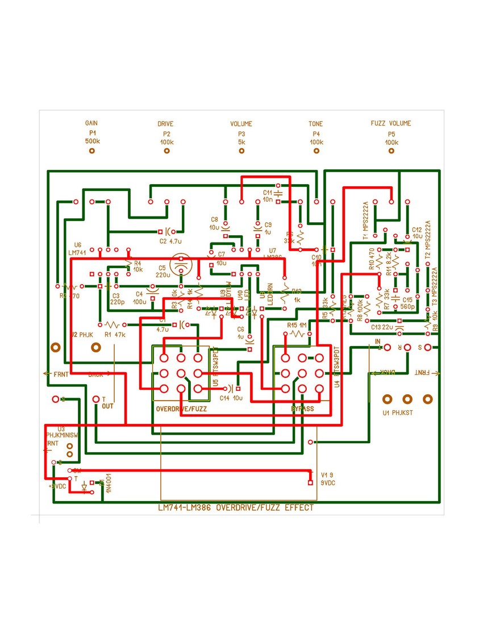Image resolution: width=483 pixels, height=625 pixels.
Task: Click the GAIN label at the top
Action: point(91,123)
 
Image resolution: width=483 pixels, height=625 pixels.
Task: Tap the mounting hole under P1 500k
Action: point(91,151)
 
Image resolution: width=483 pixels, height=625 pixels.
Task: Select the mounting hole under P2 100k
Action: point(166,151)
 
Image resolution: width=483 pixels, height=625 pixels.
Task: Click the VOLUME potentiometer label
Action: point(241,123)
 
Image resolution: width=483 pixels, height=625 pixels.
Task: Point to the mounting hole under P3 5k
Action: point(241,151)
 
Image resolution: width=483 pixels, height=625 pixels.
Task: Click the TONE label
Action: point(316,123)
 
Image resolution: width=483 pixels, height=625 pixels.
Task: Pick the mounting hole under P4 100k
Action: point(316,151)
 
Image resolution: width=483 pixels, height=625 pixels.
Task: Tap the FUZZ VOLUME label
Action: point(390,123)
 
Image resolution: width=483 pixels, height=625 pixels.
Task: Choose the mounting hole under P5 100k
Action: point(391,151)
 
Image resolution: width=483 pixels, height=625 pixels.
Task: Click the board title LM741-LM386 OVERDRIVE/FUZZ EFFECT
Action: point(235,508)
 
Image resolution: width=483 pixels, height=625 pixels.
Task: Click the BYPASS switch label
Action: point(302,409)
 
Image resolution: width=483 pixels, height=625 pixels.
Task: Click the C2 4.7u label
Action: point(170,241)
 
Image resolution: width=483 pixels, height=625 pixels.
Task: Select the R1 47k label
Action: point(114,335)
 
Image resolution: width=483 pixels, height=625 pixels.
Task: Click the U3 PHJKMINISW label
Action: point(62,431)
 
